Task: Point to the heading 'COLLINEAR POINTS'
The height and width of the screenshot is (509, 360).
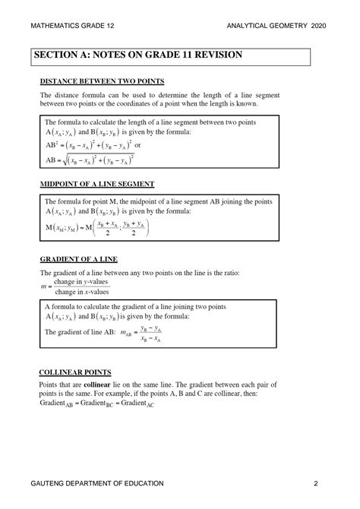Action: tap(75, 372)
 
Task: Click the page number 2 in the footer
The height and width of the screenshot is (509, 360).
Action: tap(314, 484)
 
